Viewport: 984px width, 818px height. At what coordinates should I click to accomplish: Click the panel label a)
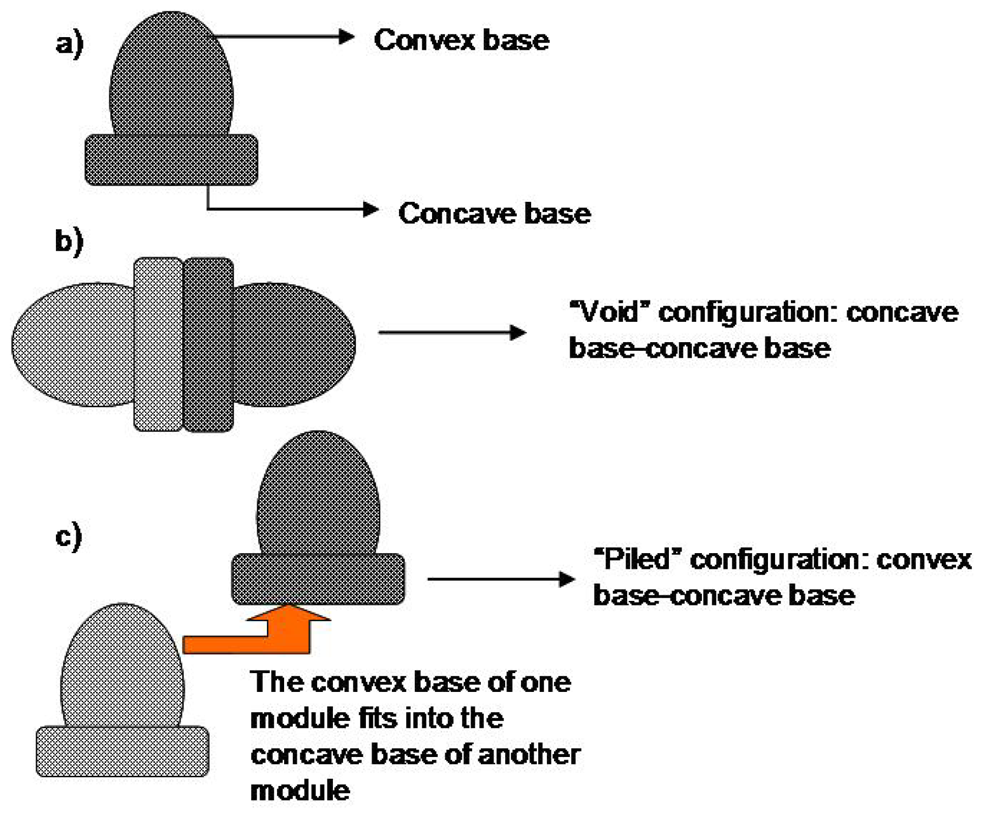coord(69,44)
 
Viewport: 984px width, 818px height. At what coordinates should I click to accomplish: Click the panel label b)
coord(69,241)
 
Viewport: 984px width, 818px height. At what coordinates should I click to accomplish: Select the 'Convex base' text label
coord(461,40)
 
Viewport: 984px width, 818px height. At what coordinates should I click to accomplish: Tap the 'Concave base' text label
coord(494,213)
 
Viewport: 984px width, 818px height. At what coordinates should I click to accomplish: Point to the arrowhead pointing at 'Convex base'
coord(347,37)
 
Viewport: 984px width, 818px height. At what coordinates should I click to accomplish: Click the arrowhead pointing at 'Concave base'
coord(371,209)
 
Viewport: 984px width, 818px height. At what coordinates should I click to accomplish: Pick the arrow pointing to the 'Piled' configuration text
coord(501,579)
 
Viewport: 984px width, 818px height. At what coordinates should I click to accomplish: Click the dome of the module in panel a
coord(171,76)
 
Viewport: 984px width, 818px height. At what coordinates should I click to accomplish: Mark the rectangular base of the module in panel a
coord(171,160)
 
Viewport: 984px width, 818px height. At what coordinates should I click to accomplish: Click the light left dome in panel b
coord(71,345)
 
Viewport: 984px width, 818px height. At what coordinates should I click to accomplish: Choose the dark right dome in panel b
coord(295,345)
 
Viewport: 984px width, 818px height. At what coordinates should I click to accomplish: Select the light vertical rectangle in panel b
coord(158,345)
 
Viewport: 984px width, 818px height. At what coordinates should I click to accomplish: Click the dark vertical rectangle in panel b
coord(208,345)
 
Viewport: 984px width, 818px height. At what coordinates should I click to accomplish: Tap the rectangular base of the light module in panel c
coord(122,751)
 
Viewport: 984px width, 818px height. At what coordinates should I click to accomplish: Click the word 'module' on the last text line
coord(300,791)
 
